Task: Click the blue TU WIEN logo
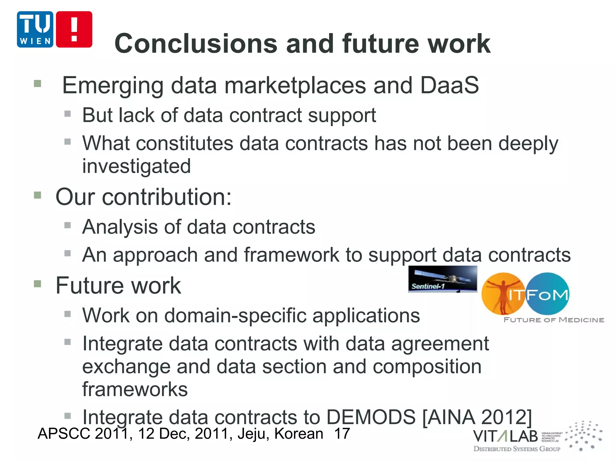click(x=35, y=29)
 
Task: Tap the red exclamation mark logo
click(x=74, y=29)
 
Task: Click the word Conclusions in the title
click(x=196, y=44)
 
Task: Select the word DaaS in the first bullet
click(x=449, y=85)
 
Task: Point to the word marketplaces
click(x=295, y=85)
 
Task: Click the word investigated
click(x=137, y=166)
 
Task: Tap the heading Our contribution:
click(x=143, y=197)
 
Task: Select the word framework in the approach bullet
click(x=291, y=255)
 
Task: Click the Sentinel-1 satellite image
click(x=442, y=279)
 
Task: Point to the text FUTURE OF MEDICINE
click(x=554, y=320)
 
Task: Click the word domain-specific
click(x=236, y=316)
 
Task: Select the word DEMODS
click(x=371, y=417)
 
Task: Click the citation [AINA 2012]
click(x=477, y=417)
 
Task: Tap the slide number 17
click(x=342, y=434)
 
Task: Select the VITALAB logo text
click(x=505, y=436)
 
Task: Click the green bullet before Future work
click(x=38, y=284)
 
